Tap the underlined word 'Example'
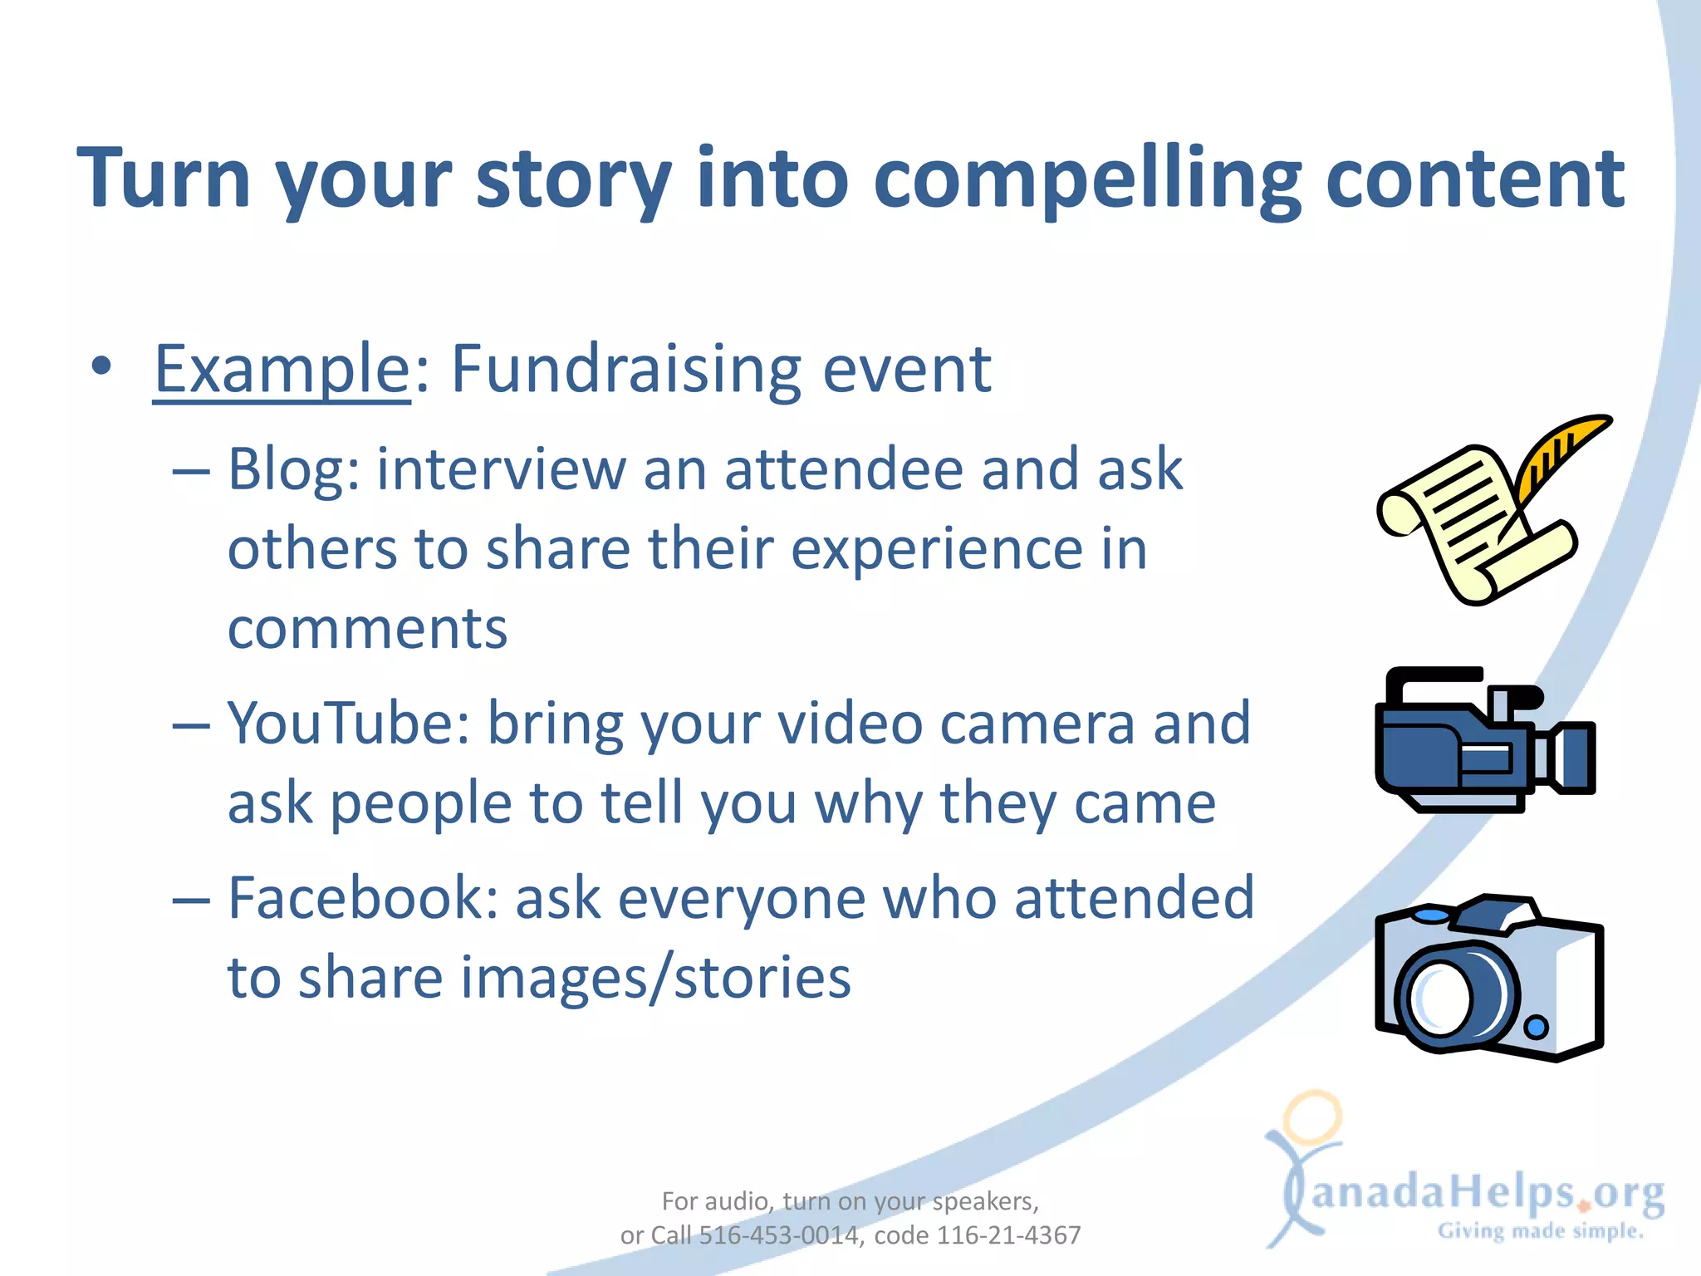[282, 369]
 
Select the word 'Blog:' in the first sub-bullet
[293, 469]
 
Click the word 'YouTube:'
[348, 723]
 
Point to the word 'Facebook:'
[362, 898]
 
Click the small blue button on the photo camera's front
[1537, 1028]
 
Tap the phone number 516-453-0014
[778, 1235]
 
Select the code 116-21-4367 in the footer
[1008, 1235]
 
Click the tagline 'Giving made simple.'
[1541, 1231]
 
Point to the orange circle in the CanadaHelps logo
[1312, 1117]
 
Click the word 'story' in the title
[573, 179]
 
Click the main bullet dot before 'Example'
[101, 366]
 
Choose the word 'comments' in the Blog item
[367, 629]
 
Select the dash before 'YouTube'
[191, 725]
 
